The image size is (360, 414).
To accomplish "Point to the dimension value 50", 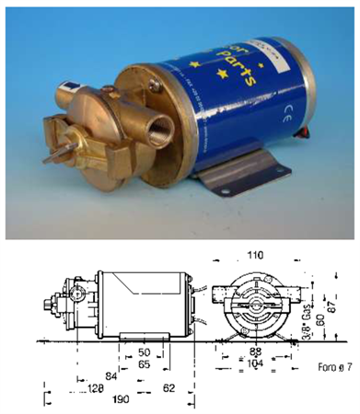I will coord(143,352).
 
